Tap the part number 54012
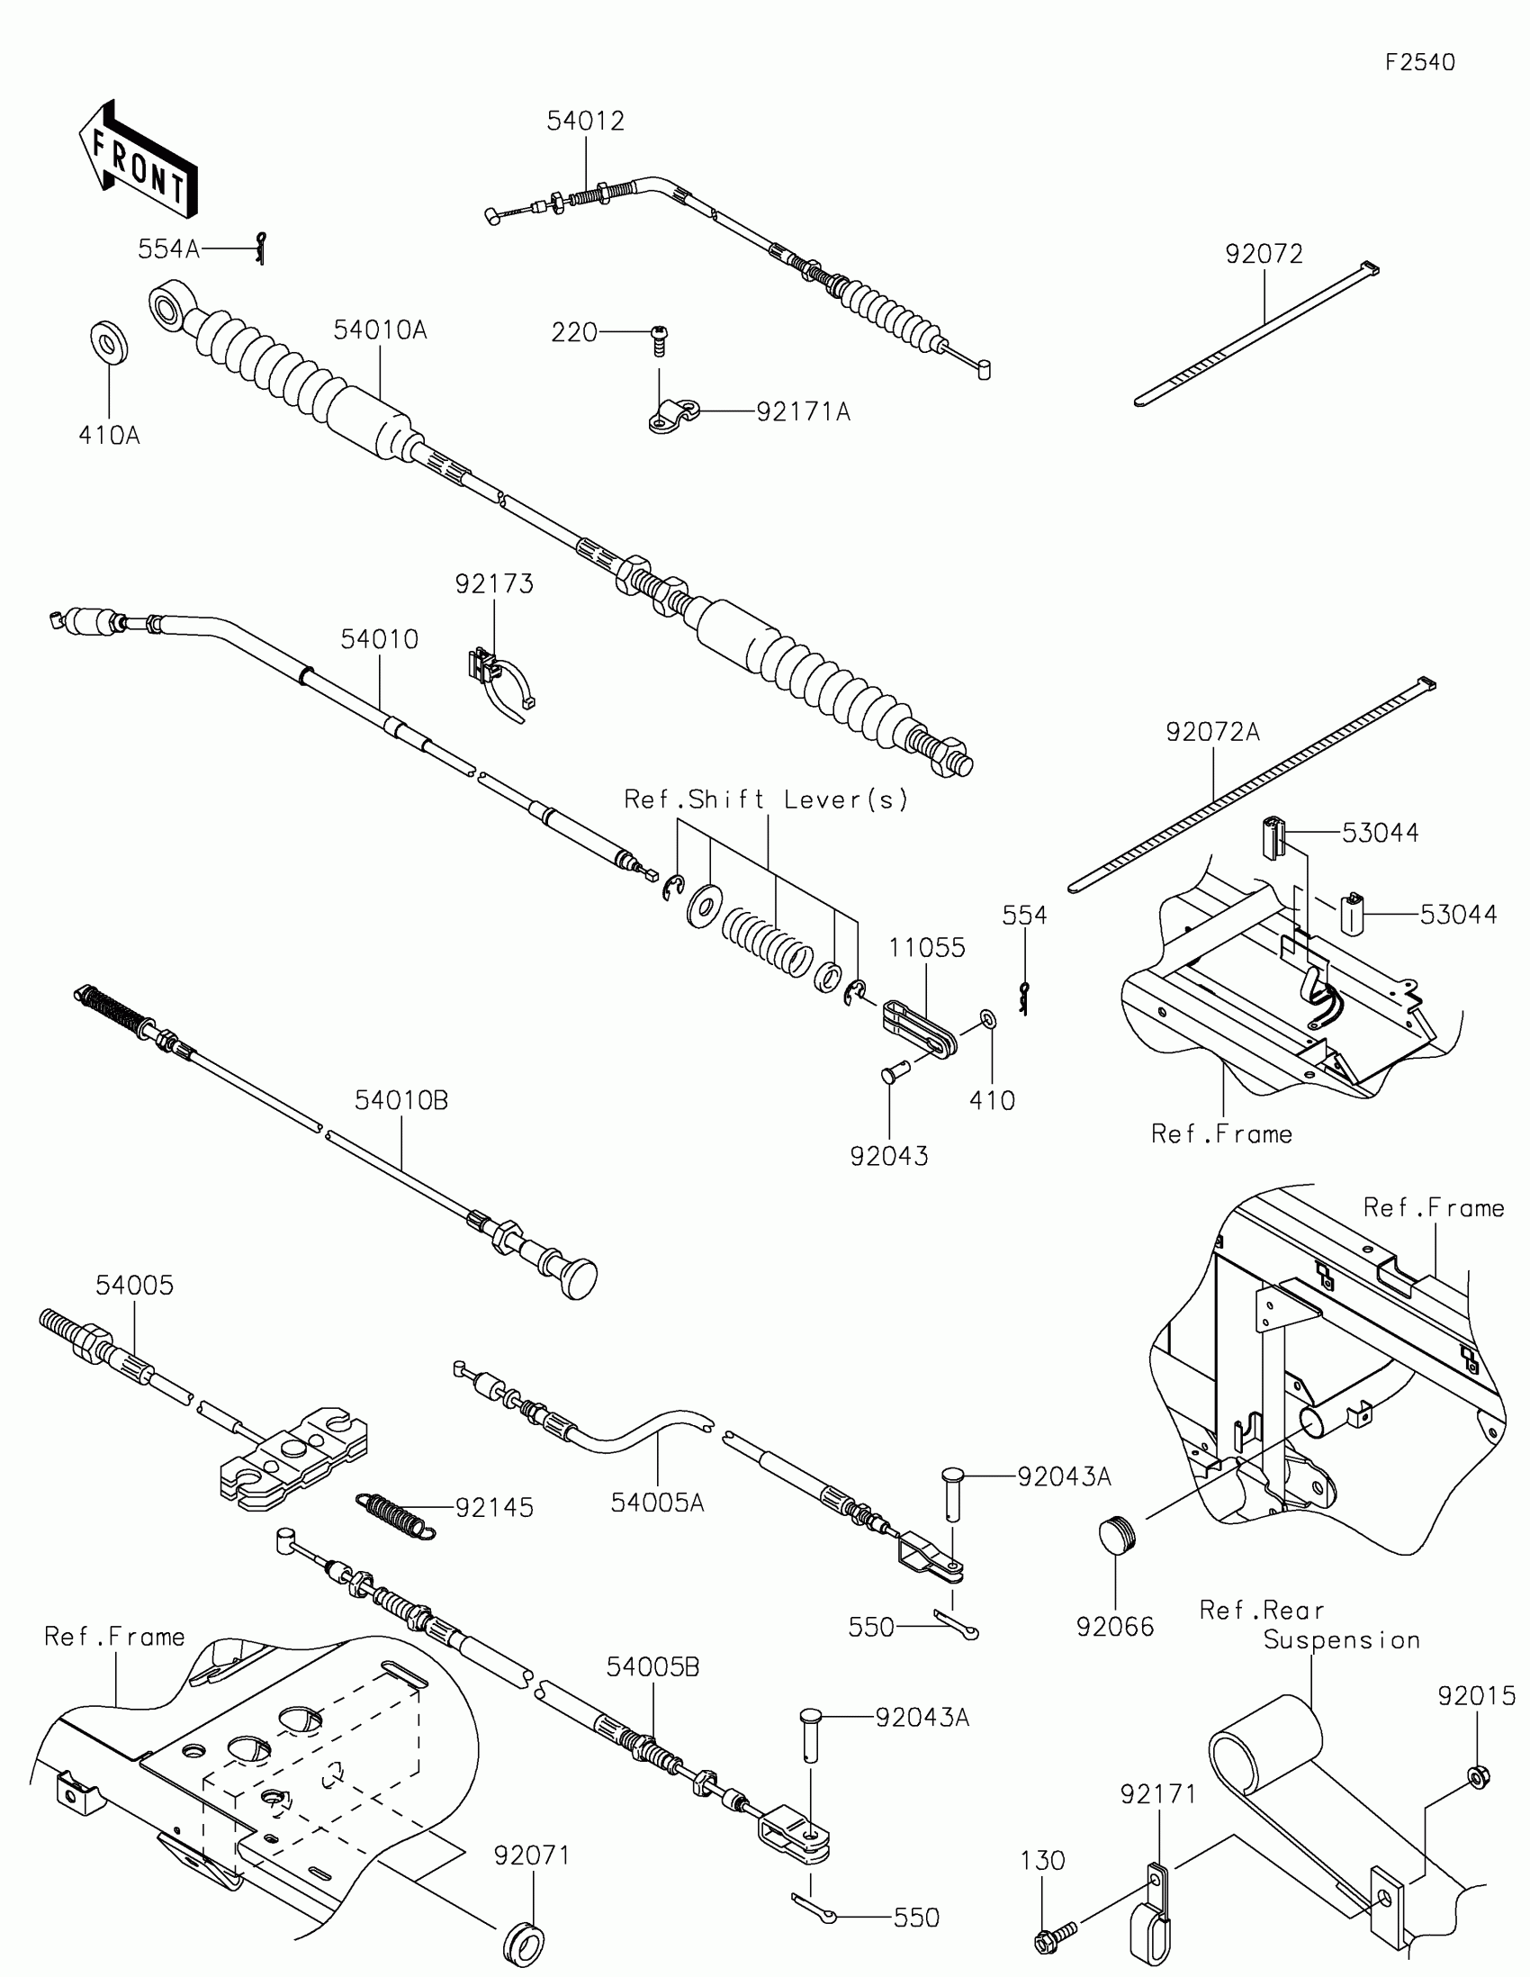click(585, 122)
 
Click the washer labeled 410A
click(110, 342)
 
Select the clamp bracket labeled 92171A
click(674, 416)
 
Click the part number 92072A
click(1212, 731)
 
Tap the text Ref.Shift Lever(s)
click(767, 800)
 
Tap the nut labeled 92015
click(1477, 1777)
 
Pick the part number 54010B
click(401, 1101)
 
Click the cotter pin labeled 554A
click(262, 248)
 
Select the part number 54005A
click(657, 1503)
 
